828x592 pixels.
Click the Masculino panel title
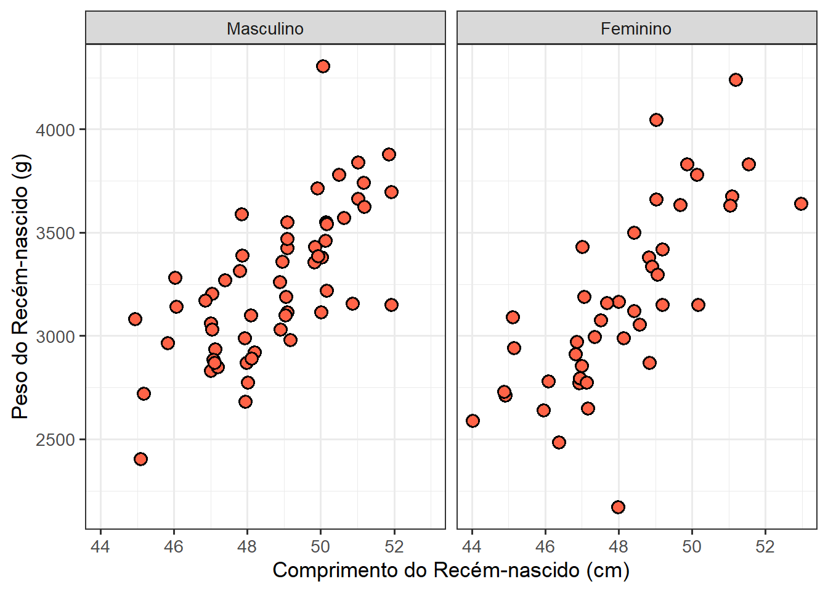265,28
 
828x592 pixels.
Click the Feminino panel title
636,28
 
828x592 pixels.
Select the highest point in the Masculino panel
323,66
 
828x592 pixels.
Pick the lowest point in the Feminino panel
618,507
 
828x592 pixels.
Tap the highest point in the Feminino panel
736,80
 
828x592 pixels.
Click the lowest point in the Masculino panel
140,459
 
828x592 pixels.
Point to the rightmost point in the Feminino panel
801,203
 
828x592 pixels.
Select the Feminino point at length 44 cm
473,421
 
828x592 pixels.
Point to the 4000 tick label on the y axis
55,130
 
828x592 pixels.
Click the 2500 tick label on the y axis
55,440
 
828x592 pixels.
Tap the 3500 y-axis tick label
55,234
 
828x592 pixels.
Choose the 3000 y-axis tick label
55,337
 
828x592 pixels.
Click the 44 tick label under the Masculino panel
100,546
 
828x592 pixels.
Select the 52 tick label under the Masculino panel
394,546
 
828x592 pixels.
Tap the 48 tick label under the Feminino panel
619,546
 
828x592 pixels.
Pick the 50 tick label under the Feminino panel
692,546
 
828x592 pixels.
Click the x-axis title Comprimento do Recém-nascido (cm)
451,570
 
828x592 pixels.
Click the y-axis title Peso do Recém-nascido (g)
20,286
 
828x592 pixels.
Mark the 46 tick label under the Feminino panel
545,546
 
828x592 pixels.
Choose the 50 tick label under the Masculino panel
320,546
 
